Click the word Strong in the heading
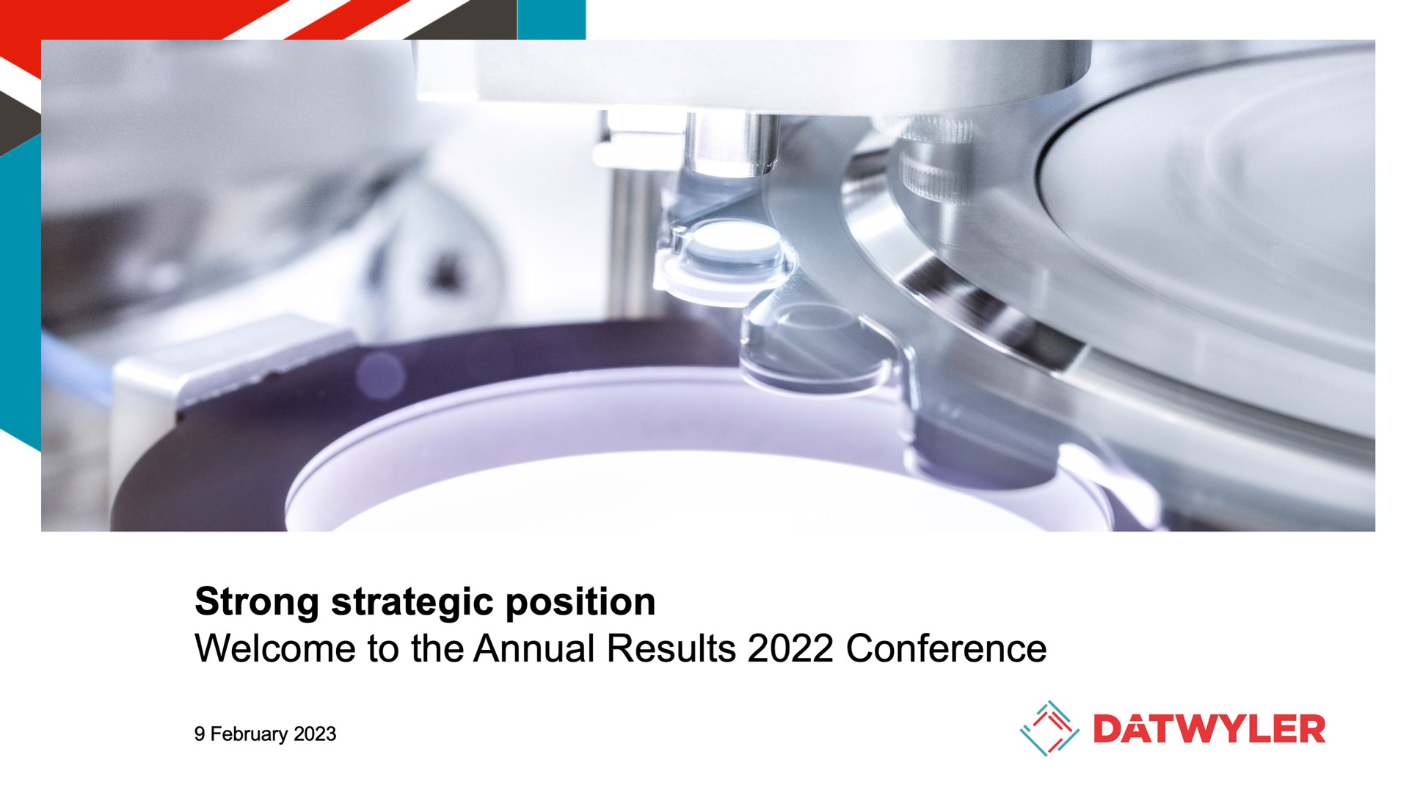(257, 602)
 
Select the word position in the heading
(580, 603)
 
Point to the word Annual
(534, 648)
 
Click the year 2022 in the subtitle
(790, 648)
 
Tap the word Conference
(946, 648)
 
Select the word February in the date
(249, 734)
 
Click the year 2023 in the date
(315, 734)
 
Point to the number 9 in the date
(200, 734)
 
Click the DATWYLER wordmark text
(1209, 729)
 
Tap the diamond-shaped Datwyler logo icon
(1049, 728)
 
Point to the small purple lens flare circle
(380, 375)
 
